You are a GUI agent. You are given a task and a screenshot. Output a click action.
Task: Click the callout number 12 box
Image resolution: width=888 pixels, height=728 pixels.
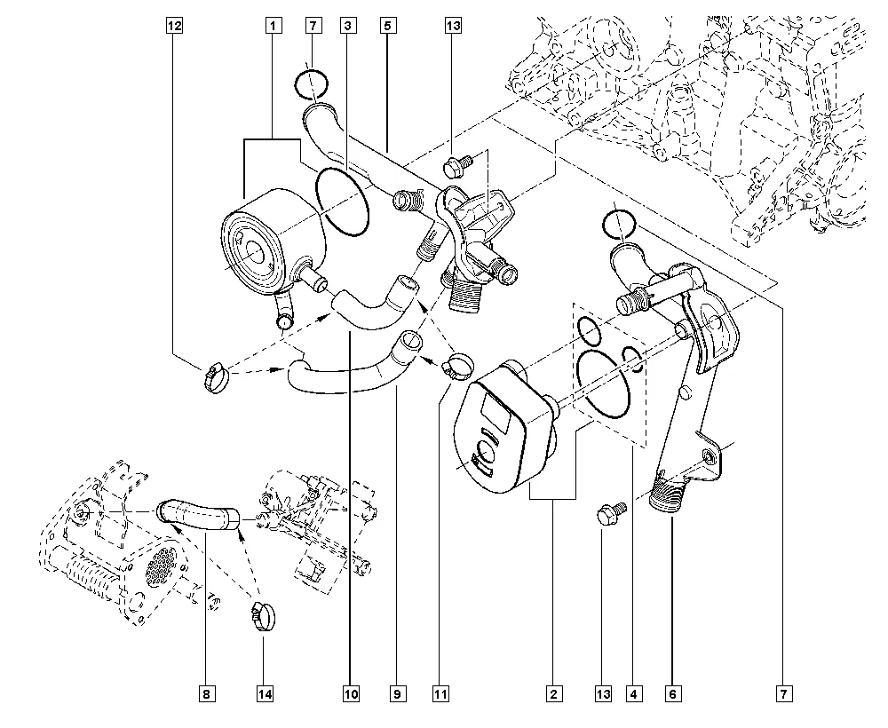pos(174,27)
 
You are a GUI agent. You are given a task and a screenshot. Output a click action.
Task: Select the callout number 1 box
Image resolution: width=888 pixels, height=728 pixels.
pos(274,27)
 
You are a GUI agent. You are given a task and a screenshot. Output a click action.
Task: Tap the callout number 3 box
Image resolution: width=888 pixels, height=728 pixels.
pos(350,27)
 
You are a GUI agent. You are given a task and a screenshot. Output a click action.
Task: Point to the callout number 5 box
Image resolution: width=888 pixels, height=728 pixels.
pos(388,27)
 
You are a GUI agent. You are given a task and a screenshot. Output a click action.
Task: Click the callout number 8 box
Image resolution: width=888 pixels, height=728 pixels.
pos(205,692)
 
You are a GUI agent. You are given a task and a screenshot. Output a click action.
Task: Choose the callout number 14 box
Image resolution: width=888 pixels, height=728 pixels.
pos(264,692)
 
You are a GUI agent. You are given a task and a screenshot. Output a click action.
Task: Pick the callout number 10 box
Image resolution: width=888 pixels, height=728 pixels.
pos(350,692)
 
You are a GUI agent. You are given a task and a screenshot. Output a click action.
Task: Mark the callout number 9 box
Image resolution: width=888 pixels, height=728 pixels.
pos(397,692)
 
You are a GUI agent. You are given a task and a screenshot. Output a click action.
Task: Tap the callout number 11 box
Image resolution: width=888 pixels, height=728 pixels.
pos(439,692)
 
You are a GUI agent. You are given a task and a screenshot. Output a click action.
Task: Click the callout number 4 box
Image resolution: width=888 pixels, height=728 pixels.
pos(632,692)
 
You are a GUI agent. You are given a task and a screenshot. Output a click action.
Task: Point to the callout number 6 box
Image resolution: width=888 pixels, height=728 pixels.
pos(672,692)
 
